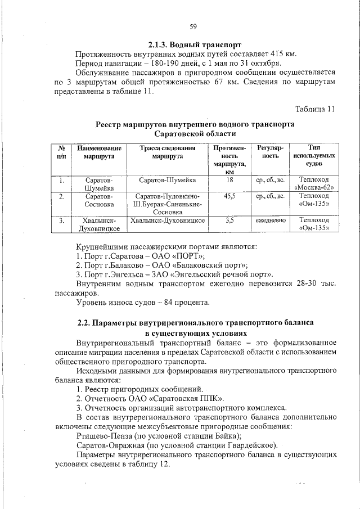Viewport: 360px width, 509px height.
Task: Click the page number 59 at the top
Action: pyautogui.click(x=193, y=26)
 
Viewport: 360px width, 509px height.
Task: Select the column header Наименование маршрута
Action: pyautogui.click(x=100, y=152)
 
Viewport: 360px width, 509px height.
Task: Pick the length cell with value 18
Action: pyautogui.click(x=229, y=179)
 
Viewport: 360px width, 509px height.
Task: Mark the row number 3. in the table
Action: pyautogui.click(x=61, y=221)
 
